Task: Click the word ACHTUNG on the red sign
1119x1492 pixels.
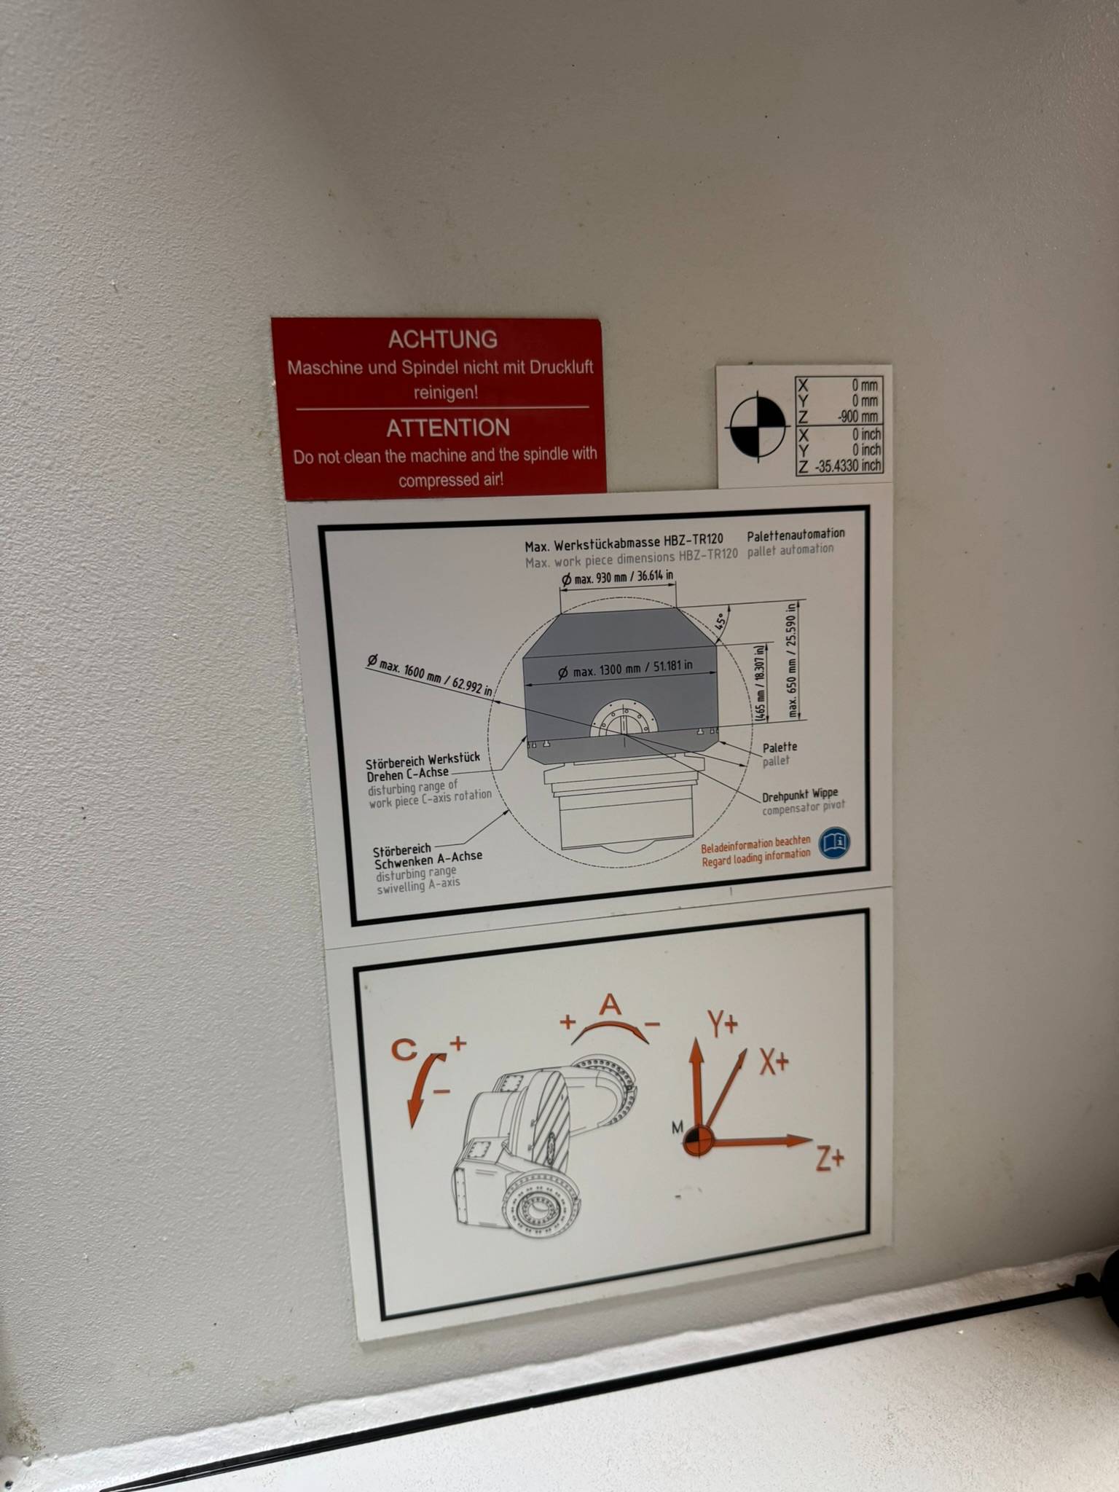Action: pyautogui.click(x=442, y=339)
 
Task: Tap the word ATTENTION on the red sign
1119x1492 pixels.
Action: pyautogui.click(x=448, y=428)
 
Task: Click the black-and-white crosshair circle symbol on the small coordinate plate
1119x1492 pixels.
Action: pyautogui.click(x=758, y=423)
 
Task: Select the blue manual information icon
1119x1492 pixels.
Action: pyautogui.click(x=834, y=842)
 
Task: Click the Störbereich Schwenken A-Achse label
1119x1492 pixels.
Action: pyautogui.click(x=427, y=855)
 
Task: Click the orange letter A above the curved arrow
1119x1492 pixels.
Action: pyautogui.click(x=610, y=1006)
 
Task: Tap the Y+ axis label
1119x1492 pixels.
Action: pyautogui.click(x=722, y=1024)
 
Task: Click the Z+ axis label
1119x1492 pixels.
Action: pyautogui.click(x=829, y=1158)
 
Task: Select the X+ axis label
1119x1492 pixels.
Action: pyautogui.click(x=774, y=1063)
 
